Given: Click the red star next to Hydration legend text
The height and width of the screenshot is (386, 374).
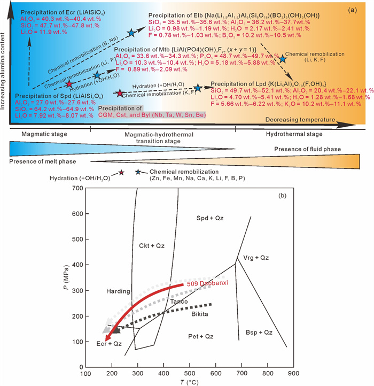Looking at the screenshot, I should pos(121,172).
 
